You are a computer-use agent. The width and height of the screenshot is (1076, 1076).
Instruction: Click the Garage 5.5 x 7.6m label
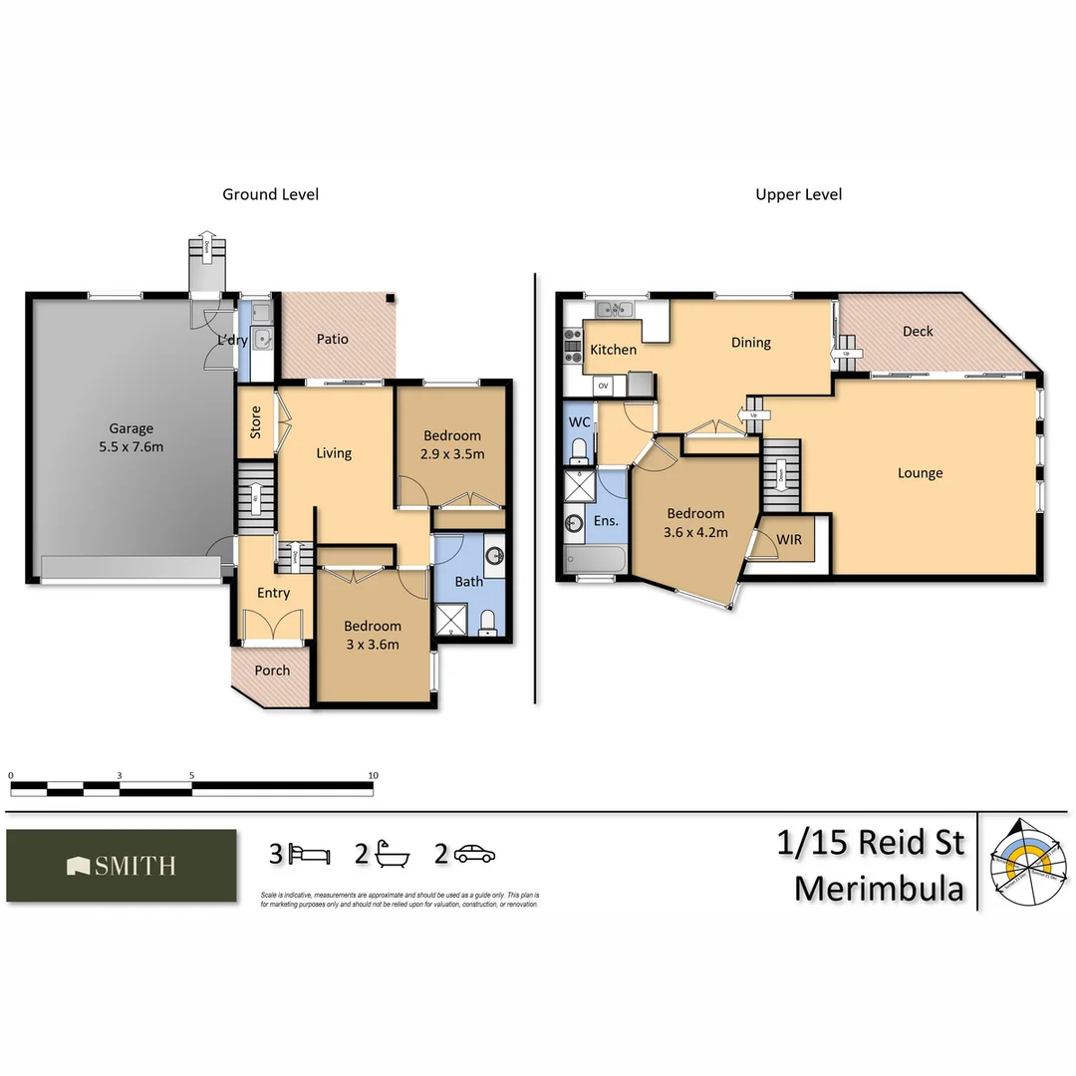coord(132,437)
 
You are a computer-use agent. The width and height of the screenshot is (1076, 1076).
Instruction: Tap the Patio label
coord(333,339)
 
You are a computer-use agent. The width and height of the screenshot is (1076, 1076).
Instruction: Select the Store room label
coord(256,421)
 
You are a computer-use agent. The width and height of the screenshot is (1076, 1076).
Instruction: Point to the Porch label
coord(272,671)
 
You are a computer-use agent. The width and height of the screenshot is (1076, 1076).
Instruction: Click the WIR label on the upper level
coord(788,539)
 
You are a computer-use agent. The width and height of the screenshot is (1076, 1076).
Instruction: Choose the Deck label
coord(918,331)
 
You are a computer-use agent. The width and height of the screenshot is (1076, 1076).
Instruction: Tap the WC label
coord(579,422)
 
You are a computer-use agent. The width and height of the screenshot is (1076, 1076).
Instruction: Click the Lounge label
coord(920,473)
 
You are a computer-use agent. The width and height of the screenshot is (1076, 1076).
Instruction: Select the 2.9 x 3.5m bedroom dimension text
coord(452,454)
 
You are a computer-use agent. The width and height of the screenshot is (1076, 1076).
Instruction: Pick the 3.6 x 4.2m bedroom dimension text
coord(696,532)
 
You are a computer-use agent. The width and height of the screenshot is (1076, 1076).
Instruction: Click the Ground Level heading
coord(270,194)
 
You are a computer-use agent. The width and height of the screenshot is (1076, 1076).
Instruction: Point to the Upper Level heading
coord(798,194)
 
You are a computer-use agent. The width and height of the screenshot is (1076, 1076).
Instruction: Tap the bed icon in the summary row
coord(311,855)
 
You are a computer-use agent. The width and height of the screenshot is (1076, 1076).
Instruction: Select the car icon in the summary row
coord(475,854)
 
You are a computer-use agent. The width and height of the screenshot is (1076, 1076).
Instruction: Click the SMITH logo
coord(122,866)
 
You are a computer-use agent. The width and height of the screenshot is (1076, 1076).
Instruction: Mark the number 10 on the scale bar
coord(373,775)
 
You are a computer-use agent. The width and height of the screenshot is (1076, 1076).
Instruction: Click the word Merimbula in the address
coord(880,888)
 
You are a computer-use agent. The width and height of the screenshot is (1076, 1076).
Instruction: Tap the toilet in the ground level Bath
coord(488,623)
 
